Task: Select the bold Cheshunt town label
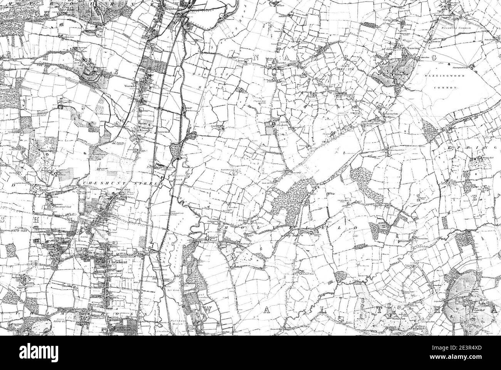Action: point(118,260)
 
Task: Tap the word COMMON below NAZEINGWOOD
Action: point(445,88)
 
